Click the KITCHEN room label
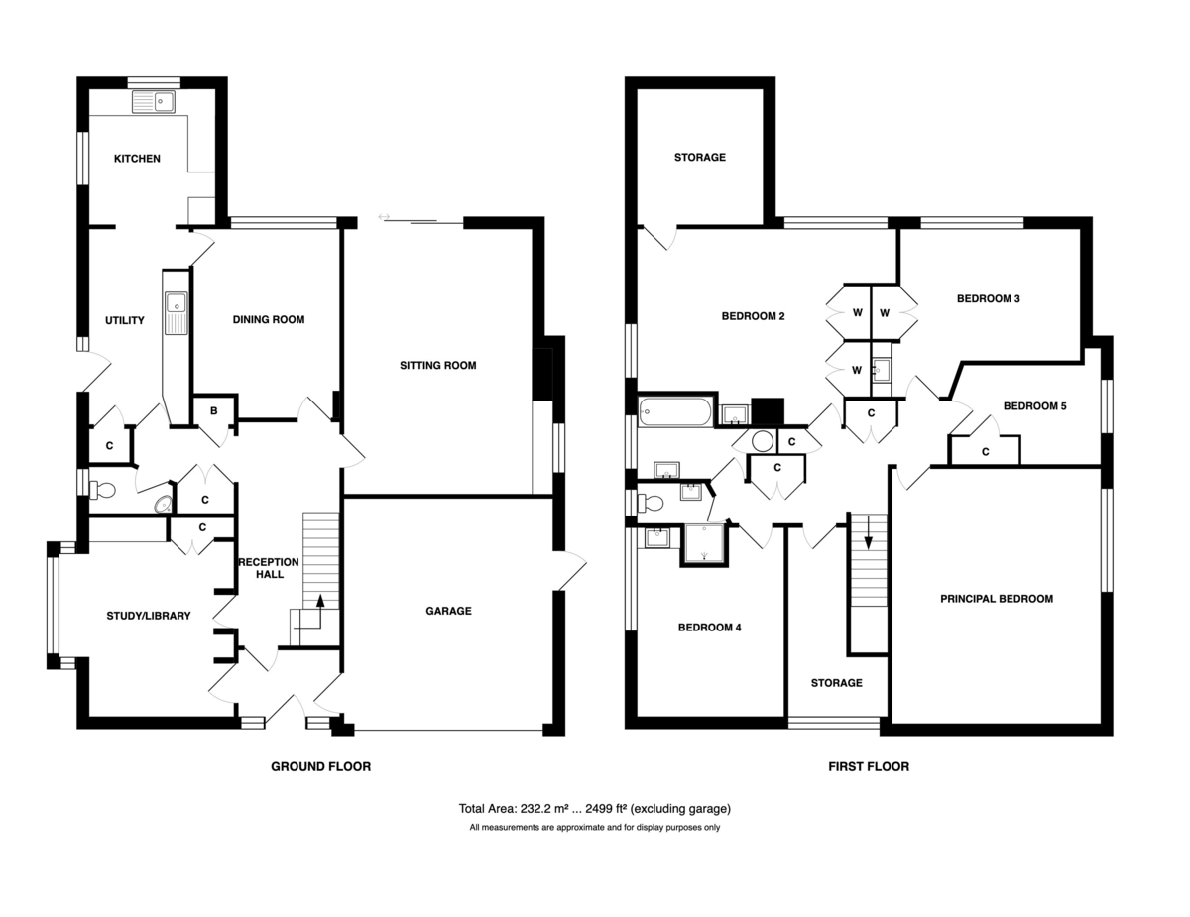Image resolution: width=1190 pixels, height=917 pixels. coord(137,159)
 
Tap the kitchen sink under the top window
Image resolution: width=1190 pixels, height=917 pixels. coord(154,102)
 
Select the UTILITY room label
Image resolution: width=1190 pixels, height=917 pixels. coord(125,321)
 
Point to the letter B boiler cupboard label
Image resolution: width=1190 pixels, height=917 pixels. coord(214,411)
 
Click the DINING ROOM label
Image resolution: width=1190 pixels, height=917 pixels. coord(269,320)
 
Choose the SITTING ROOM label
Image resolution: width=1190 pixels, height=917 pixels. coord(438,365)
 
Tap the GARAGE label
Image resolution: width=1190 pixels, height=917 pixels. coord(448,611)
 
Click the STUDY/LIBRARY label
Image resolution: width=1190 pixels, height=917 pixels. coord(149,616)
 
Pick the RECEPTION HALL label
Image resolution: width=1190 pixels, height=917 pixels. coord(269,568)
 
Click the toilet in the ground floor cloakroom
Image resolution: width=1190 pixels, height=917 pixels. coord(102,490)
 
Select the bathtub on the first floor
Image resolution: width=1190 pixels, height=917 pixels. coord(675,411)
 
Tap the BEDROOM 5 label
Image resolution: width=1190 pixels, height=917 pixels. coord(1034,406)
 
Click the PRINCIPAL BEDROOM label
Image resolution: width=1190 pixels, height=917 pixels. coord(997,599)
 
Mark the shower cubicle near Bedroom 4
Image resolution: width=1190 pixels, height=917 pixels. coord(704,544)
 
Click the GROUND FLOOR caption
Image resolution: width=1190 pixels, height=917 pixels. coord(321,767)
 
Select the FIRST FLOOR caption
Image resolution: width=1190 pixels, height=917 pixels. coord(869,767)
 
